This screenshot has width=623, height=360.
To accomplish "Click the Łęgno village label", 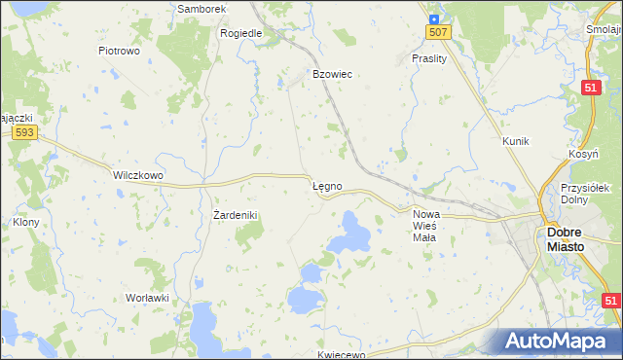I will [x=326, y=186].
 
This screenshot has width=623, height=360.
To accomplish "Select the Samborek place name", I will [x=202, y=9].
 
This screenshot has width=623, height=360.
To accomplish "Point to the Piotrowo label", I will [x=121, y=50].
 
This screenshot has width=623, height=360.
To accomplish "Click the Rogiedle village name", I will [x=241, y=32].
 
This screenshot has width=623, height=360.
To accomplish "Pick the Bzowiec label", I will [x=331, y=74].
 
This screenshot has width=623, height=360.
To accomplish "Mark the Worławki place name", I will [x=148, y=298].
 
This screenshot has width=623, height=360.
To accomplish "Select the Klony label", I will [x=25, y=222].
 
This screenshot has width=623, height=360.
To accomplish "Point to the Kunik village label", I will [x=515, y=141].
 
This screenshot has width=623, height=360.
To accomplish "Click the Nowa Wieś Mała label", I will [x=426, y=226].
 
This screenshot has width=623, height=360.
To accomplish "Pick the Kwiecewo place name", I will [x=341, y=355].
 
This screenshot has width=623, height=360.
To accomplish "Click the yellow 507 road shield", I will [x=438, y=33].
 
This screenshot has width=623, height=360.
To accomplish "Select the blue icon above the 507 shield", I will [x=433, y=17].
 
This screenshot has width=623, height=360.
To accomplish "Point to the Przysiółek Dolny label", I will [x=585, y=194].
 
